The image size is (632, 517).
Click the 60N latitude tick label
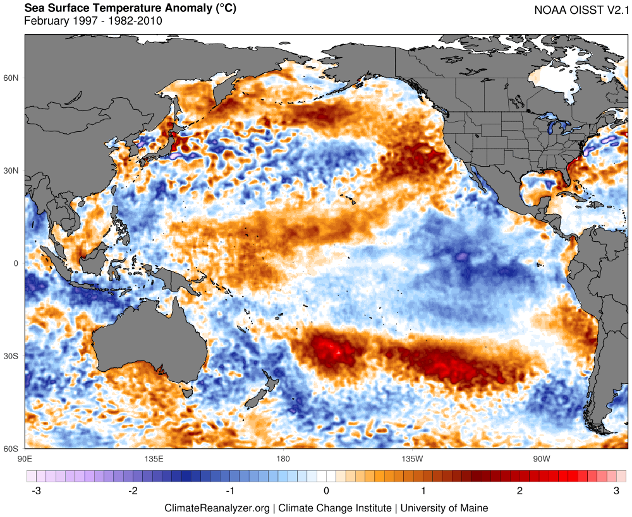(12, 78)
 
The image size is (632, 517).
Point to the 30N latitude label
(12, 170)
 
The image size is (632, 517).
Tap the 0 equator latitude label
(16, 263)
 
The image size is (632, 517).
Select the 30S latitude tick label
(12, 356)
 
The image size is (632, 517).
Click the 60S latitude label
(12, 449)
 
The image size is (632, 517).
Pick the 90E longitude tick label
(25, 458)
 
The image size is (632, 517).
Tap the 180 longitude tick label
(283, 458)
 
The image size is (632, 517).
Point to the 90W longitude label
(540, 458)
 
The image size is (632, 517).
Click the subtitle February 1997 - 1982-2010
(93, 21)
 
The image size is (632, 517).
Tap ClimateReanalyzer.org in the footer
(217, 508)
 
